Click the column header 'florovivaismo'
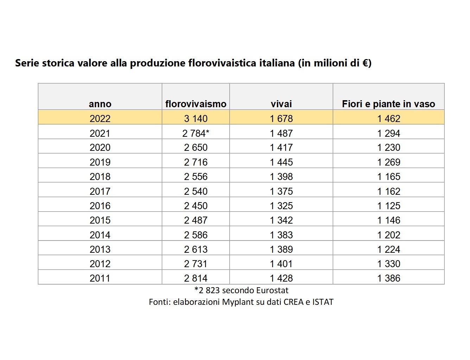196,104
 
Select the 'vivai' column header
281,104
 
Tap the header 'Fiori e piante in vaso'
388,104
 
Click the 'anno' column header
100,104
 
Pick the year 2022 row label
100,118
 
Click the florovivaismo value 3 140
196,118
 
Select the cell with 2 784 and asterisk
196,133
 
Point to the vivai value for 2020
281,148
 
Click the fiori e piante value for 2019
389,162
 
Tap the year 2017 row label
100,192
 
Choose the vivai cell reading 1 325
281,206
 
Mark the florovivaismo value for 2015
196,220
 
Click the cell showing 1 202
389,235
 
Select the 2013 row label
100,249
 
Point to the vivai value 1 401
281,264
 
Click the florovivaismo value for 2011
196,278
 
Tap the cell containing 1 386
389,278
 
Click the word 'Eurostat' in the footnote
272,290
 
